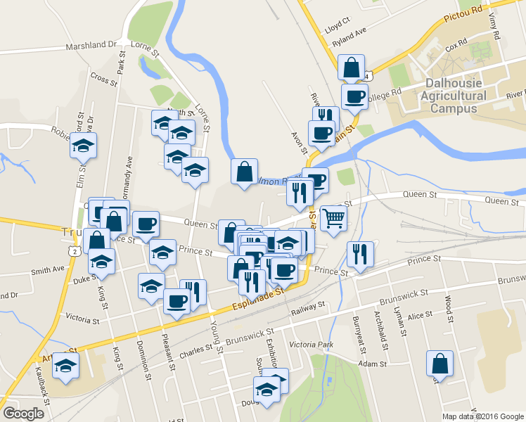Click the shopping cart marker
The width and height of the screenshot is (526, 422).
(x=333, y=217)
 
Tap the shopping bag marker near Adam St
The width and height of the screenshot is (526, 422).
(x=440, y=364)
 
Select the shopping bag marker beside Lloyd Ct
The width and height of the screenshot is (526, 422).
(x=351, y=68)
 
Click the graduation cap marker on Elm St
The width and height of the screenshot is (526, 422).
(x=84, y=146)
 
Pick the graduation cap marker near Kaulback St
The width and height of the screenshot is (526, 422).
(x=66, y=366)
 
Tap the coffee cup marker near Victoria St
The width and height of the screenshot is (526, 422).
(x=176, y=302)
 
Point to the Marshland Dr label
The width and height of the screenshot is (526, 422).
(x=91, y=45)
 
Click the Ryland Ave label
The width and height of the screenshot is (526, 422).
(x=350, y=36)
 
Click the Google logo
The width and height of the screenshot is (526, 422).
(x=23, y=414)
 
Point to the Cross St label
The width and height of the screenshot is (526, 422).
(x=103, y=79)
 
